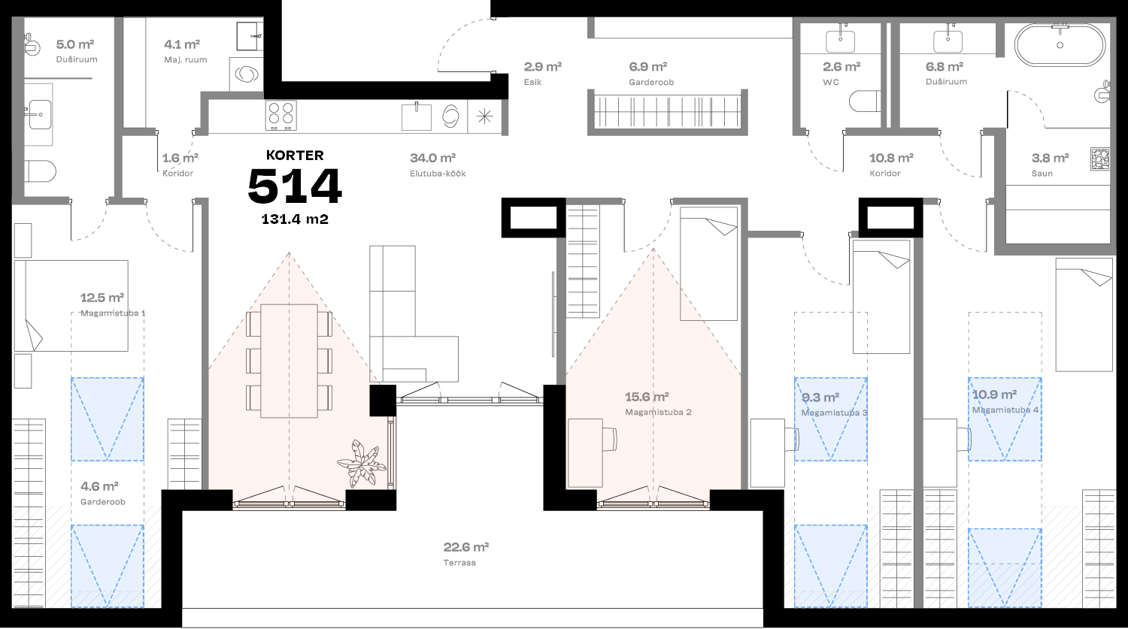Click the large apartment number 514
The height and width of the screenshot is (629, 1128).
coord(295,186)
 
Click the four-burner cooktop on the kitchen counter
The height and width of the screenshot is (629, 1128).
coord(281,116)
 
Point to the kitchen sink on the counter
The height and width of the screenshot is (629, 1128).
coord(417,117)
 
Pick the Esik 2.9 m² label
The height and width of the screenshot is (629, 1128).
coord(543,73)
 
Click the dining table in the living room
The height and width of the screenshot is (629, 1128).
coord(289,361)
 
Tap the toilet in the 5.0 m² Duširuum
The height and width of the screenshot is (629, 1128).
coord(39,172)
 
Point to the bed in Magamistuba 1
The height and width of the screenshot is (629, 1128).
coord(71,306)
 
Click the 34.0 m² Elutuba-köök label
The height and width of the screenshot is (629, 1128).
coord(434,165)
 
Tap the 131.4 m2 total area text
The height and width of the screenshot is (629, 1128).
coord(295,220)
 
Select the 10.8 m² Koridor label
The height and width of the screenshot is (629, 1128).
coord(890,165)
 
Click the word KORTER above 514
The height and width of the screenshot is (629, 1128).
coord(295,156)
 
